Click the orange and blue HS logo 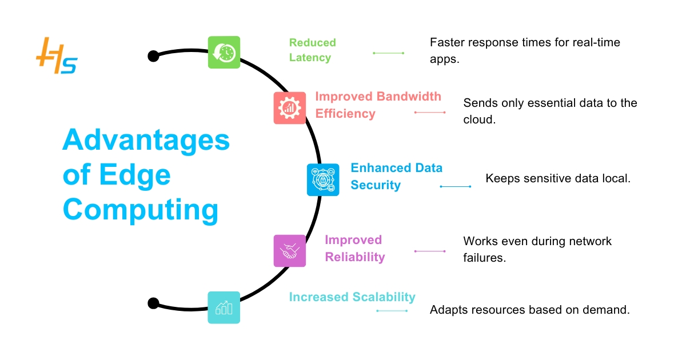tap(56, 57)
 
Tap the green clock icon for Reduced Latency tap(224, 53)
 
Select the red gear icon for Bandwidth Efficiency tap(290, 107)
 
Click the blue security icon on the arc tap(323, 180)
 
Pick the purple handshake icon tap(290, 251)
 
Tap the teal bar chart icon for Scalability tap(224, 307)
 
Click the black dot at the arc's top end tap(153, 56)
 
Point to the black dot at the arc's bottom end tap(153, 303)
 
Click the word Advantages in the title tap(146, 141)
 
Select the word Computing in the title tap(141, 210)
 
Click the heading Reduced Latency tap(312, 50)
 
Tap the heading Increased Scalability tap(352, 297)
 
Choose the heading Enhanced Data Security tap(396, 176)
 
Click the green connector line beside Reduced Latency tap(388, 53)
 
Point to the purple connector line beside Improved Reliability tap(429, 251)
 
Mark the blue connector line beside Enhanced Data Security tap(455, 187)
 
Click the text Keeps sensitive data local tap(557, 178)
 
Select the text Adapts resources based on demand tap(529, 310)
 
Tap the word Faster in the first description tap(448, 42)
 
